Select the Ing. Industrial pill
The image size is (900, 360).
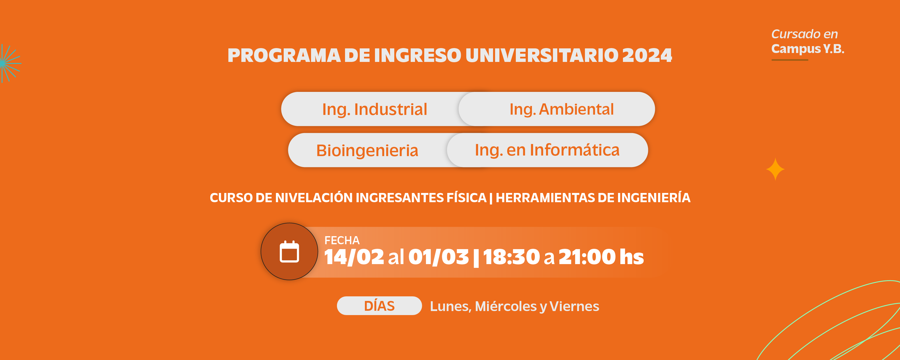374,109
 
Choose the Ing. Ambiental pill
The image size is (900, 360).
557,109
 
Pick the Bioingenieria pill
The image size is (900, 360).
367,150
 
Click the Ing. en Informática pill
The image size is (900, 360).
547,150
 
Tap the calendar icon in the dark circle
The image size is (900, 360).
289,251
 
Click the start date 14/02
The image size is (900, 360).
354,257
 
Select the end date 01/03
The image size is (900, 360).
438,257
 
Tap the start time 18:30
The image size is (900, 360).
511,257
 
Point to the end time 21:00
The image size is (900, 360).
587,257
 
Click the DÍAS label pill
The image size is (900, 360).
379,306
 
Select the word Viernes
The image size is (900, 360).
574,306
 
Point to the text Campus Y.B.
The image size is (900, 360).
808,49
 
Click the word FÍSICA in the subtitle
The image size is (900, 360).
467,198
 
